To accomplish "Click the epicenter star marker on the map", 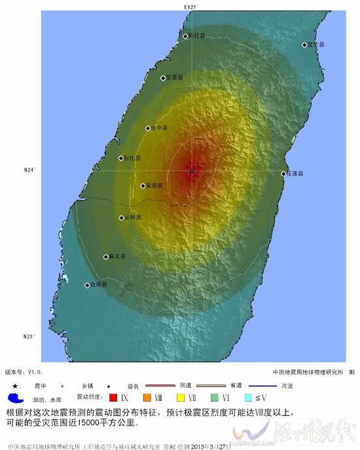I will click(192, 170).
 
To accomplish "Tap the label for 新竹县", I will click(197, 37).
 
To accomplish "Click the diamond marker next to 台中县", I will click(149, 129).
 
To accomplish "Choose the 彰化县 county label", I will click(132, 158).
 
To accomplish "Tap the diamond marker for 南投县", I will click(143, 186).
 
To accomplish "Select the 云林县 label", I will click(133, 217).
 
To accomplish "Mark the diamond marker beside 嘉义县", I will click(106, 256).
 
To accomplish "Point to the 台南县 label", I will click(99, 285).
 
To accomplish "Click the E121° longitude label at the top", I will click(190, 6).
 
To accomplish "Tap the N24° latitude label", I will click(30, 170).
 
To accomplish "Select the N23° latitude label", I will click(30, 337).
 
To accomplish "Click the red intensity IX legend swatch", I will click(113, 397).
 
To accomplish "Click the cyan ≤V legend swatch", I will click(248, 397).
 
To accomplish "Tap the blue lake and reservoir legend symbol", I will click(16, 398).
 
